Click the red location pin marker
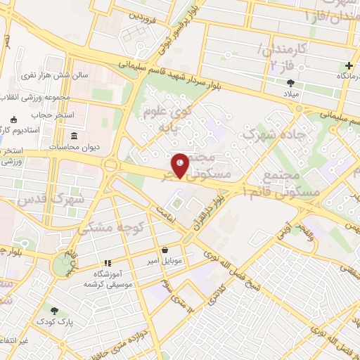pyautogui.click(x=181, y=165)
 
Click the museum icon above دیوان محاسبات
pyautogui.click(x=75, y=135)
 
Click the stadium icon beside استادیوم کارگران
pyautogui.click(x=13, y=119)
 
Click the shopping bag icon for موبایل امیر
pyautogui.click(x=165, y=250)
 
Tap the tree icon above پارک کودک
pyautogui.click(x=53, y=310)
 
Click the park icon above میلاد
pyautogui.click(x=291, y=82)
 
